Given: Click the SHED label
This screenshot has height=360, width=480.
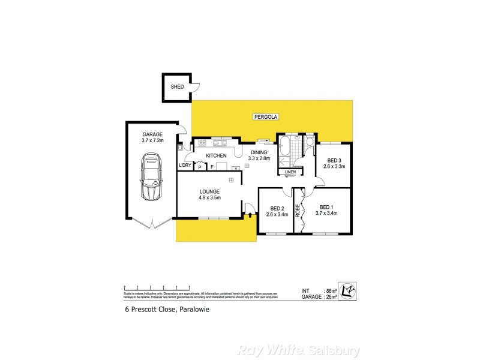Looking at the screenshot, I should [177, 87].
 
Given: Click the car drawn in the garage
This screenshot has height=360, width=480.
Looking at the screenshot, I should [150, 177].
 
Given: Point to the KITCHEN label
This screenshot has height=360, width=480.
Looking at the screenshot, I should [215, 156].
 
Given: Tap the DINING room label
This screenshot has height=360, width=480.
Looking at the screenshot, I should [259, 152].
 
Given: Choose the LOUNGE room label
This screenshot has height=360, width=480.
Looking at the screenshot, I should [209, 191].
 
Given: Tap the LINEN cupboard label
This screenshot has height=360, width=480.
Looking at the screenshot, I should [290, 172].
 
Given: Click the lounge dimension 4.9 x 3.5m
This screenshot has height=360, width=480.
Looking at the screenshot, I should [209, 197].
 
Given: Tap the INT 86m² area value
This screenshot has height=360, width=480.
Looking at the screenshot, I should [324, 290].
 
